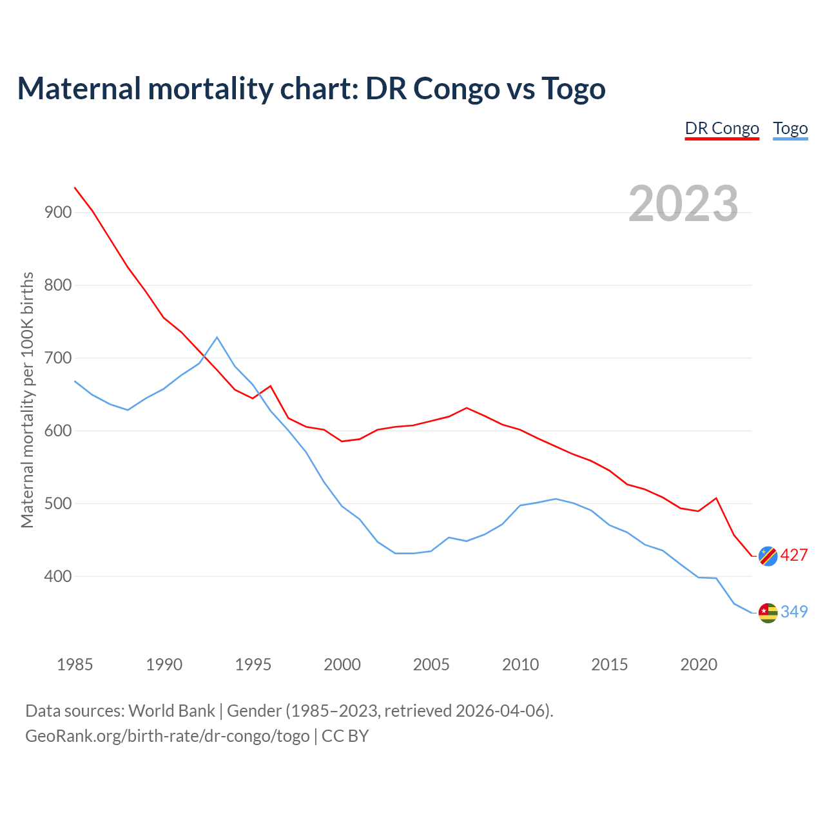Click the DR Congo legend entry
point(722,128)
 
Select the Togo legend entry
point(790,128)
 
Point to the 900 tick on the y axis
point(58,212)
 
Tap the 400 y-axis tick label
point(58,576)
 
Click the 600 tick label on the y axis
point(58,431)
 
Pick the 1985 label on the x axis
point(75,665)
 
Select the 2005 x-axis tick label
point(431,665)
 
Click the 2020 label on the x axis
point(699,665)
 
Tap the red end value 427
point(794,555)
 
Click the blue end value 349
point(794,612)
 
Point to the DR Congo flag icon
point(768,556)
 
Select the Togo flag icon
point(768,612)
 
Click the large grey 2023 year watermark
point(683,204)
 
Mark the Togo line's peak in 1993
point(217,337)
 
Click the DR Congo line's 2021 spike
point(716,498)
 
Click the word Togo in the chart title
point(573,88)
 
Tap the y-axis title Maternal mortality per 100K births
point(27,400)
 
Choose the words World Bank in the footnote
point(171,711)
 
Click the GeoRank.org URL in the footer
point(167,736)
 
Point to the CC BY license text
point(345,736)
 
